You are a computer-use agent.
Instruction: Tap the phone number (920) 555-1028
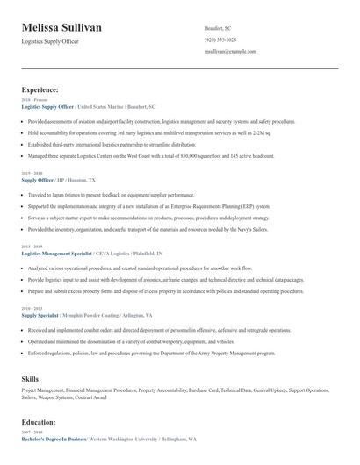coord(220,40)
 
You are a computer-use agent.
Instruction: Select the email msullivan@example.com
coord(230,52)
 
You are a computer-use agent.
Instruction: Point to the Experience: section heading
coord(40,89)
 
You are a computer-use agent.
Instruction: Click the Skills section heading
coord(30,377)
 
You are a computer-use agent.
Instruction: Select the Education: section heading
coord(39,422)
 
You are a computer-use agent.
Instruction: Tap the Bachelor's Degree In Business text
coord(53,439)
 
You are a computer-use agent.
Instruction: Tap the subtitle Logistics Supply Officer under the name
coord(50,41)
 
